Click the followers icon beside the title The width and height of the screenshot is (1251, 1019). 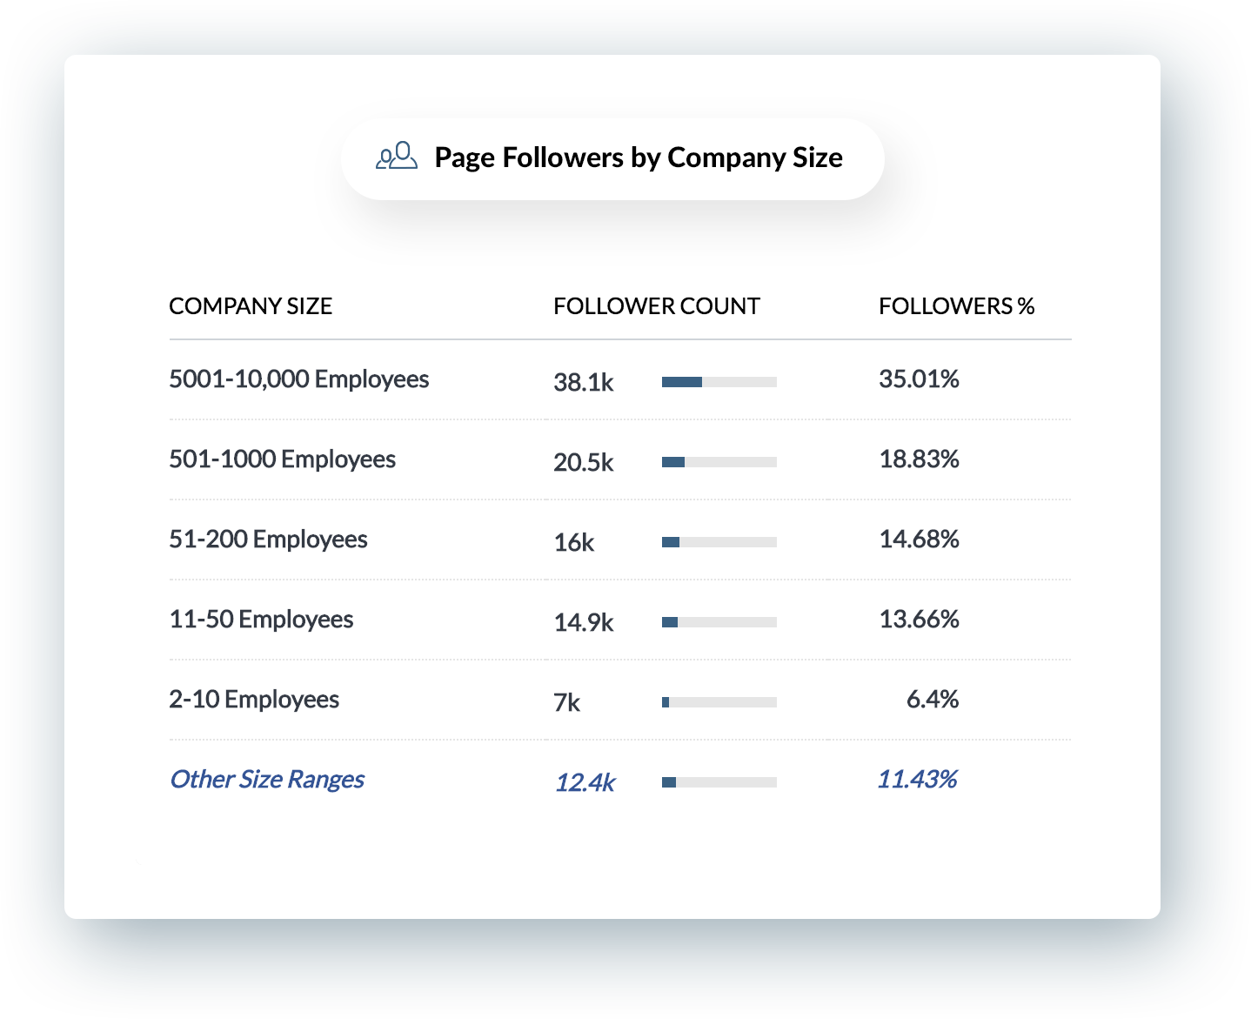coord(397,157)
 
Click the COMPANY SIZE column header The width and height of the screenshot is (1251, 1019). coord(251,306)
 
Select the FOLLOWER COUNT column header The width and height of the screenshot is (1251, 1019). coord(656,306)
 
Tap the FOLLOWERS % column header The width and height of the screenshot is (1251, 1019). coord(956,306)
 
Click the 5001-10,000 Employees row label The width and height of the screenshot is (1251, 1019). coord(298,379)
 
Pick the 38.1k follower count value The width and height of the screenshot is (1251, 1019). coord(584,382)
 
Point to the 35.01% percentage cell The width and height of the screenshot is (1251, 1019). coord(919,379)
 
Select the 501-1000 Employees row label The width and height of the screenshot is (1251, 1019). coord(282,459)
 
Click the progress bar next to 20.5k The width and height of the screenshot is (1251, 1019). coord(719,462)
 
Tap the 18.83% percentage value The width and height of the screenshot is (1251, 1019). coord(919,459)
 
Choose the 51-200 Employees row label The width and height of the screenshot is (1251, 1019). coord(268,540)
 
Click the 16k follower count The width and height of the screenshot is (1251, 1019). coord(574,543)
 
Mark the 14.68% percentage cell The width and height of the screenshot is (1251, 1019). coord(919,540)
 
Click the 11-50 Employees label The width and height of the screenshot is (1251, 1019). coord(261,620)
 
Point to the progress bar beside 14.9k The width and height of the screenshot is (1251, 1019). coord(719,622)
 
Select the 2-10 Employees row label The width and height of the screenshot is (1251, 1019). coord(254,700)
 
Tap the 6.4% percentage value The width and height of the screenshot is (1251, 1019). coord(932,700)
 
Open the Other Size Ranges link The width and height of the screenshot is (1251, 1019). coord(267,779)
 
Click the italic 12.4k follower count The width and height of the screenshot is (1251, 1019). coord(585,782)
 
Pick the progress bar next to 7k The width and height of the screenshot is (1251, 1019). coord(719,702)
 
